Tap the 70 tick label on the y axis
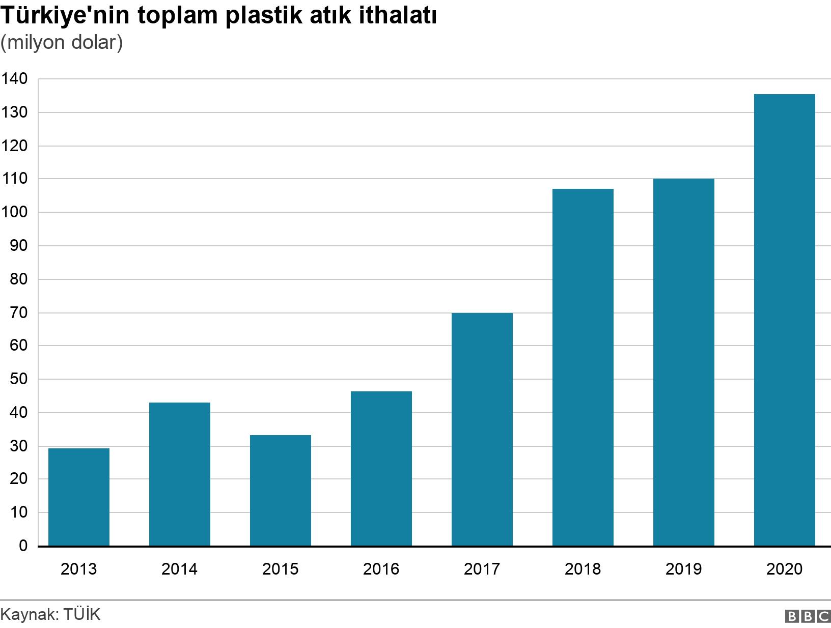[18, 312]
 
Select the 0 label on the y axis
[23, 546]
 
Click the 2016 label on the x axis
[381, 568]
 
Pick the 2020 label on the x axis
[784, 568]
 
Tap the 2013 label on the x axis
[78, 568]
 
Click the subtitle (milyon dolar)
[62, 43]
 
